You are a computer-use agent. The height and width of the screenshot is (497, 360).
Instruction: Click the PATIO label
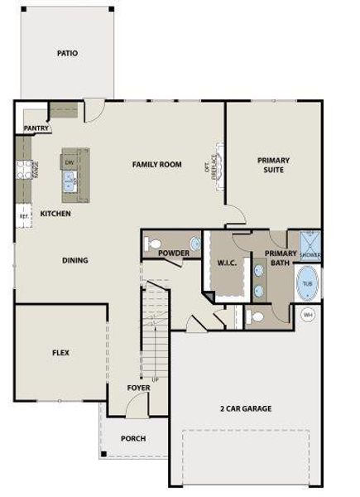(68, 53)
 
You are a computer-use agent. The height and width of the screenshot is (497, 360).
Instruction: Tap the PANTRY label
(36, 128)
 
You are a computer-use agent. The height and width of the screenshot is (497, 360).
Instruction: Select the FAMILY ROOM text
(156, 165)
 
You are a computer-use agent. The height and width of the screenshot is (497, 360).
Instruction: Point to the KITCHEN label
(55, 214)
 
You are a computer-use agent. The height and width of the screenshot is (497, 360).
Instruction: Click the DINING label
(75, 260)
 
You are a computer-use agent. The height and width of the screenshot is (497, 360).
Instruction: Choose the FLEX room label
(60, 353)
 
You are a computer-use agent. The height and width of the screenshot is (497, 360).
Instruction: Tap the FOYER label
(138, 388)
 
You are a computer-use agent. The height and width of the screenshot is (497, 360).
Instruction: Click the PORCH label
(133, 438)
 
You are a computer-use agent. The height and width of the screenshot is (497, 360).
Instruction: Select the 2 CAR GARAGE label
(246, 408)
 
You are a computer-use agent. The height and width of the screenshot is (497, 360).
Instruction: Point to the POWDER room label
(174, 253)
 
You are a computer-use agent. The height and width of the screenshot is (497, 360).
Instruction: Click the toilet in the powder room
(153, 244)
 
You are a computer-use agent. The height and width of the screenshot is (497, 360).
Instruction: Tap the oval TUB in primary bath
(307, 283)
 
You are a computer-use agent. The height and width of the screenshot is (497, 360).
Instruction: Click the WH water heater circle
(308, 315)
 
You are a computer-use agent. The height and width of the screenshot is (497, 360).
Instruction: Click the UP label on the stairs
(154, 380)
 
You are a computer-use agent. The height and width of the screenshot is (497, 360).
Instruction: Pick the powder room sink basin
(195, 244)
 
